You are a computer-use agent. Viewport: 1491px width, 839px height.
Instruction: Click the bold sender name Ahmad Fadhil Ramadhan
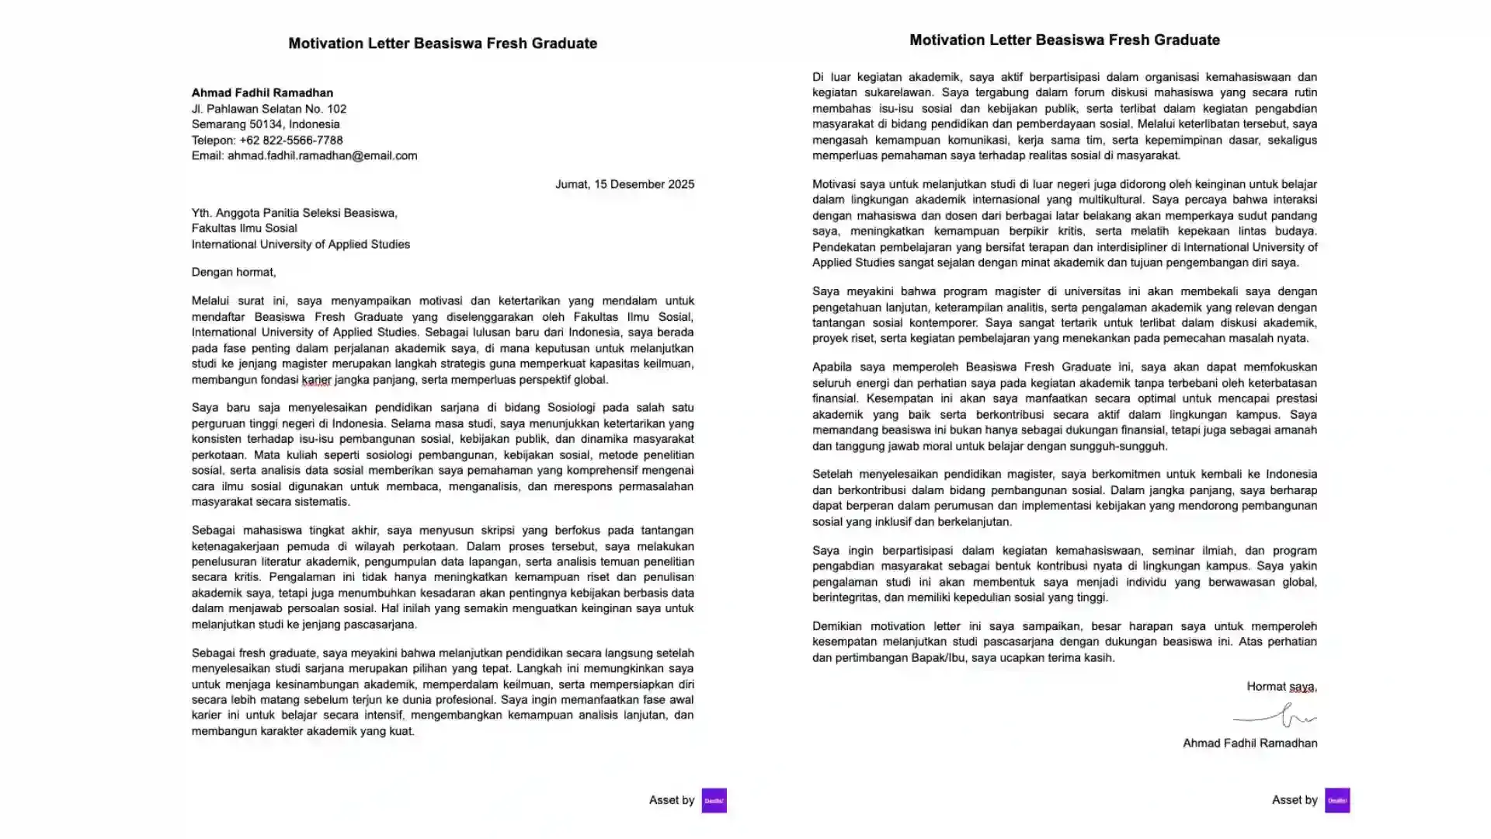[262, 92]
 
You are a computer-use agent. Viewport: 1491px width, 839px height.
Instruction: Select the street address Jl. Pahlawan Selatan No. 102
[269, 109]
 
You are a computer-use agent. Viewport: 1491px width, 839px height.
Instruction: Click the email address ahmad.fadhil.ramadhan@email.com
[322, 156]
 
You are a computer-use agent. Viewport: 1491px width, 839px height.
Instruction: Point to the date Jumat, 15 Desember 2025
[624, 185]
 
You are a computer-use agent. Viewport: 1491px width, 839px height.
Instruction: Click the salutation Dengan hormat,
[234, 273]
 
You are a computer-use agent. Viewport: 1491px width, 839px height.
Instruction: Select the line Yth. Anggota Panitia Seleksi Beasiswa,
[294, 213]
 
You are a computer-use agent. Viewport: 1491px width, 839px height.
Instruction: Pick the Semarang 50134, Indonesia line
[266, 124]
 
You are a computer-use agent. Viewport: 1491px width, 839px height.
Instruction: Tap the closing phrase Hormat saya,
[1281, 687]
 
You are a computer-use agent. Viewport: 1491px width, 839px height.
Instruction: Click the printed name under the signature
[1249, 743]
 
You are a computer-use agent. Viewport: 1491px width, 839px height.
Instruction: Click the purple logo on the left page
[714, 800]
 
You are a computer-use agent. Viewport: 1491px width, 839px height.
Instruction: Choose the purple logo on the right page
[1336, 800]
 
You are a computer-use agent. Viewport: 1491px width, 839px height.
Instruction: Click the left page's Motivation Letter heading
[443, 44]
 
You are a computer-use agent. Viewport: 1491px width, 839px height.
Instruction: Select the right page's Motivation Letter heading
[1065, 40]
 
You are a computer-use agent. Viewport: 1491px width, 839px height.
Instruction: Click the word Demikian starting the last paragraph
[836, 626]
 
